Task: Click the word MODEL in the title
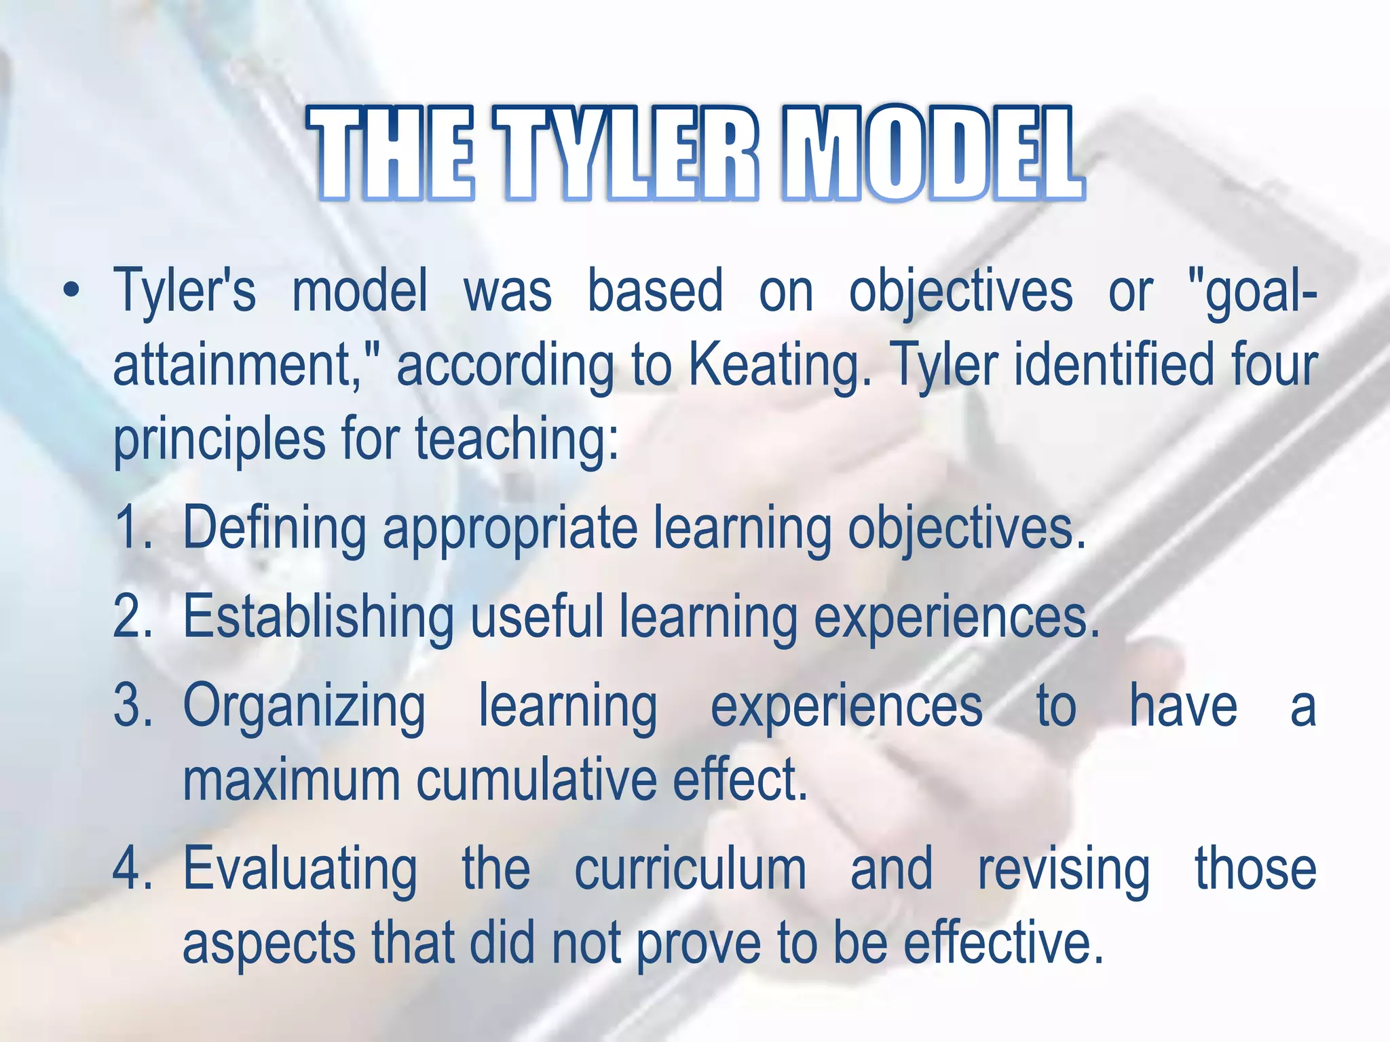pyautogui.click(x=933, y=155)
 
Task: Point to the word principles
pyautogui.click(x=219, y=441)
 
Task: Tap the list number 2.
pyautogui.click(x=132, y=617)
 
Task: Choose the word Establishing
pyautogui.click(x=318, y=617)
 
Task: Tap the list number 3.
pyautogui.click(x=132, y=706)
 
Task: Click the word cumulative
pyautogui.click(x=536, y=780)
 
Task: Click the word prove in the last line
pyautogui.click(x=698, y=944)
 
